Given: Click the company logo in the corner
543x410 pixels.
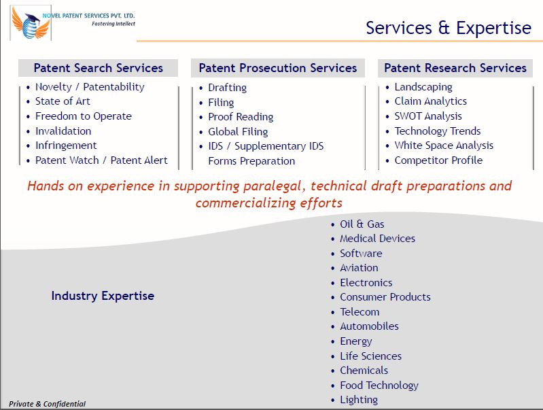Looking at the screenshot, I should click(31, 23).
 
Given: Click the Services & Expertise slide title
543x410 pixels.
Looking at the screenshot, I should click(448, 28).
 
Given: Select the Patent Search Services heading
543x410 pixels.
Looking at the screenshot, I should click(98, 68).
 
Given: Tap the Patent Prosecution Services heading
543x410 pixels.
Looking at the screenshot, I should click(277, 68).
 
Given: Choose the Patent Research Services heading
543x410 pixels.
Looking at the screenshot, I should click(455, 68).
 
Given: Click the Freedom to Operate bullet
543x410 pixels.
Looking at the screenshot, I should click(83, 116).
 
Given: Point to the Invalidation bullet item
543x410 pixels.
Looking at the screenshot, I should click(63, 131).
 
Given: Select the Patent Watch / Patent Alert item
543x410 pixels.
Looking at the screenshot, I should click(101, 160).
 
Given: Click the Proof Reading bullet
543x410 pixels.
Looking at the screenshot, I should click(241, 117).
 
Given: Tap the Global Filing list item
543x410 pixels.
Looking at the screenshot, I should click(238, 132).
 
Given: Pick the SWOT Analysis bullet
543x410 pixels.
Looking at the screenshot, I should click(427, 116).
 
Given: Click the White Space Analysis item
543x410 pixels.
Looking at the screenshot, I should click(444, 146).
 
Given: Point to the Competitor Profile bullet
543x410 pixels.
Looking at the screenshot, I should click(438, 160).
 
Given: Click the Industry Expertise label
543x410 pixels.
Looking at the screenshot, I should click(103, 296).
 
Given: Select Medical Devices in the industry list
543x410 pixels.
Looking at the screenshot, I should click(377, 239).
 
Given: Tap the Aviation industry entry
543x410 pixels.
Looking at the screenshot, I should click(359, 268).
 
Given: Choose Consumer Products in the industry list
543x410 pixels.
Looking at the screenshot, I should click(385, 297).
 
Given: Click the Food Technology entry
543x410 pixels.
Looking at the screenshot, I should click(379, 386).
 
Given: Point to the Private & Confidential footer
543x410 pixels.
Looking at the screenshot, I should click(47, 404).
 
